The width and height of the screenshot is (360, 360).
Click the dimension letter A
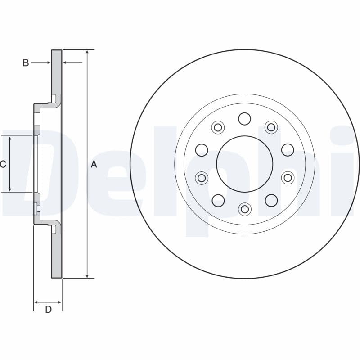point(94,164)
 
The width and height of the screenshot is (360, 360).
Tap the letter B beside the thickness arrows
point(26,63)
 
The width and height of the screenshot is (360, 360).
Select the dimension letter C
point(3,164)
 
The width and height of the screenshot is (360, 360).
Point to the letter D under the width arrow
point(48,310)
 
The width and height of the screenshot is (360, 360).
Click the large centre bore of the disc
point(245,164)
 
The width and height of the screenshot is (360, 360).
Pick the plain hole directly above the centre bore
point(244,119)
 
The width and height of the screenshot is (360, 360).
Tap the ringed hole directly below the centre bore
point(245,209)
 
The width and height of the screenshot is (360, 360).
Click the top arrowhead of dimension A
point(87,53)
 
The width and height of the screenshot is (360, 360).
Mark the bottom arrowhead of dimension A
point(87,275)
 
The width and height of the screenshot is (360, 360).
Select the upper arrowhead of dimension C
point(9,139)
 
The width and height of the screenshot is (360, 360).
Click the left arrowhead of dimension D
point(37,302)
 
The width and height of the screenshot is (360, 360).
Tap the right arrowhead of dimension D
point(59,302)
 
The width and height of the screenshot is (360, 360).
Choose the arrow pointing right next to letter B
point(40,63)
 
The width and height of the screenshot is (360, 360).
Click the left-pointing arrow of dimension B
point(72,62)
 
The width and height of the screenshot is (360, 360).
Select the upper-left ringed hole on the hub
point(218,127)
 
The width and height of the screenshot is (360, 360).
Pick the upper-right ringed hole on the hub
point(271,127)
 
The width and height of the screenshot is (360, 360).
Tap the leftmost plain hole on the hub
point(202,150)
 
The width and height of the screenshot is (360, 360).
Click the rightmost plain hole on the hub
point(288,150)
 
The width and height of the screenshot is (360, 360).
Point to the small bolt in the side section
point(37,209)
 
